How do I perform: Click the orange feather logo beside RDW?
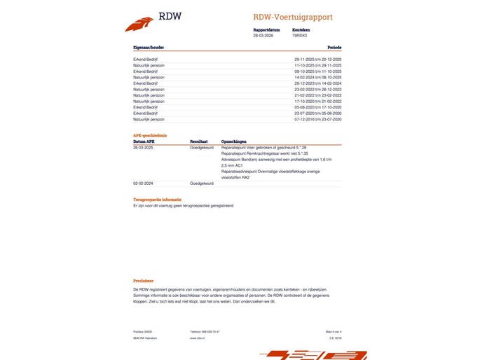click(139, 24)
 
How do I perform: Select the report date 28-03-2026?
click(261, 35)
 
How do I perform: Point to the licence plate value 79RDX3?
click(299, 35)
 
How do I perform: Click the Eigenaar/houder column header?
click(149, 47)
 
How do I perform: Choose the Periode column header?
click(333, 47)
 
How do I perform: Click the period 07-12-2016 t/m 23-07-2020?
click(317, 119)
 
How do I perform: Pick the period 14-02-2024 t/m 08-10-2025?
click(317, 77)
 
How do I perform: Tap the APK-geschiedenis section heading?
click(150, 135)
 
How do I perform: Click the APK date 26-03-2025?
click(144, 148)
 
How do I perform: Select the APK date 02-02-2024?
click(144, 183)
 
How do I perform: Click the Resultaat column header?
click(199, 141)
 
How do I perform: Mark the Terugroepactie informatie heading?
click(158, 200)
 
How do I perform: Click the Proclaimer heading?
click(144, 280)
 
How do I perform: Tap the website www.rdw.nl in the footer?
click(197, 338)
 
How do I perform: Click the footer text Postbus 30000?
click(142, 331)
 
